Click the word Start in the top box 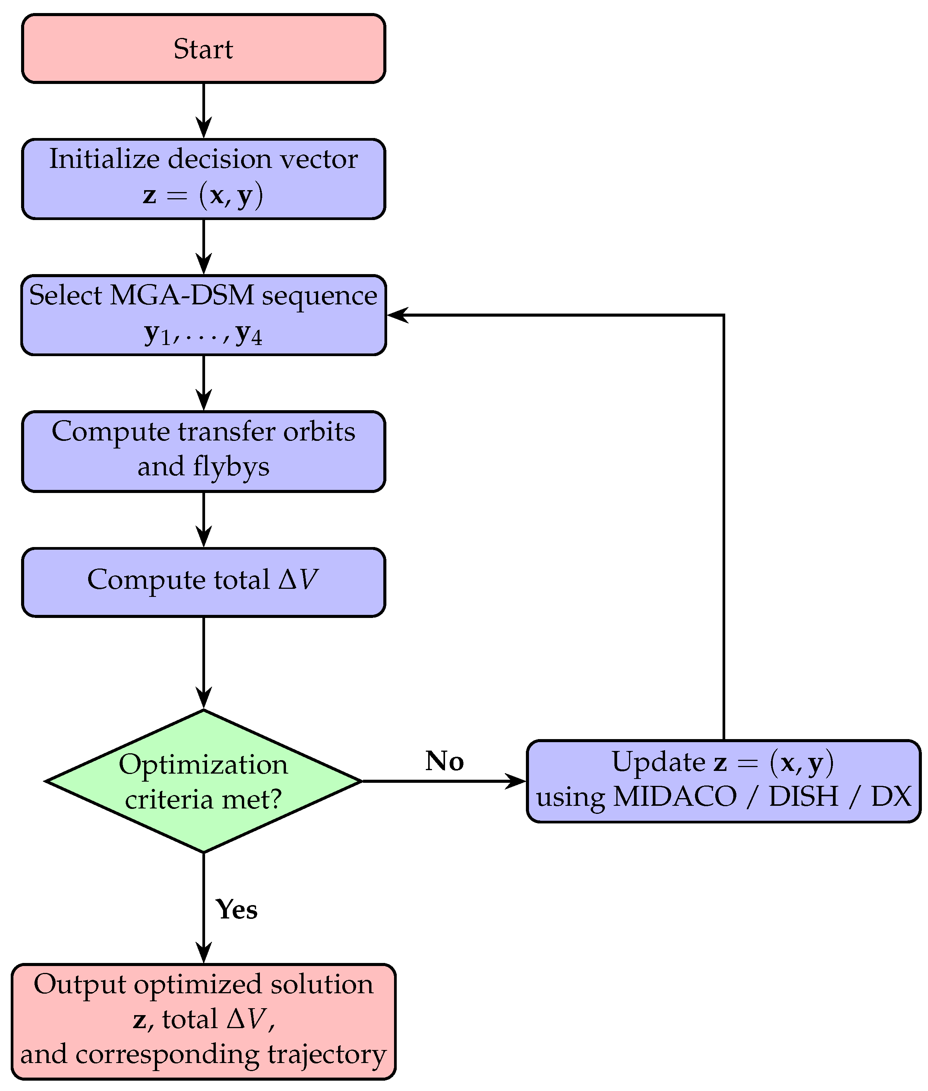(203, 49)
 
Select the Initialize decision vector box (204, 179)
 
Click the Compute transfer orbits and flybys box (204, 451)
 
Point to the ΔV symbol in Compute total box (298, 579)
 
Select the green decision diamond (204, 780)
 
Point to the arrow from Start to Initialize (204, 110)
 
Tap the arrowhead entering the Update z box (516, 781)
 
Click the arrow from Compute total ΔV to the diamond (204, 663)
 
